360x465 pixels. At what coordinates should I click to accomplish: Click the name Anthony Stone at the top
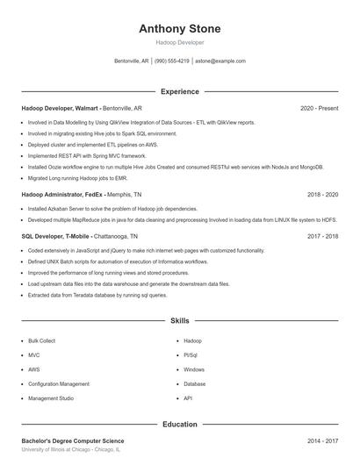click(180, 28)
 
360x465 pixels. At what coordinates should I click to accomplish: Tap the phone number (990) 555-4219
click(171, 61)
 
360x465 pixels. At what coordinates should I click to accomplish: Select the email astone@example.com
click(220, 61)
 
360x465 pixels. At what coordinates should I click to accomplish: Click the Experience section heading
click(180, 91)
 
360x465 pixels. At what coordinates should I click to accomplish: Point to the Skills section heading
click(180, 321)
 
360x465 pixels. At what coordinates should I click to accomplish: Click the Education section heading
click(180, 425)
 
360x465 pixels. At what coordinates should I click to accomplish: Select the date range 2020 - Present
click(319, 108)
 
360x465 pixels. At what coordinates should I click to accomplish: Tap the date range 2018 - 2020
click(323, 194)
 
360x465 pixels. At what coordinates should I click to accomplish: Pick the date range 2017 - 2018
click(323, 236)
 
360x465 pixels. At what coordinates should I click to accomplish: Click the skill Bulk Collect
click(41, 340)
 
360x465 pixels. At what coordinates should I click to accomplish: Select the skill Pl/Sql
click(191, 355)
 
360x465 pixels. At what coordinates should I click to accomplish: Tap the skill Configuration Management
click(59, 383)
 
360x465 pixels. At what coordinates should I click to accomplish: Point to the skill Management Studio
click(51, 398)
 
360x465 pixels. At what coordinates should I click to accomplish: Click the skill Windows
click(194, 369)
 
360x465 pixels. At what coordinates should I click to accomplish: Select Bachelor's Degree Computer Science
click(73, 440)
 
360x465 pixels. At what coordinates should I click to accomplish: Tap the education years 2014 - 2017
click(323, 440)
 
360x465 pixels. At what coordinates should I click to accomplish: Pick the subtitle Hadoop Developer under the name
click(180, 42)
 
